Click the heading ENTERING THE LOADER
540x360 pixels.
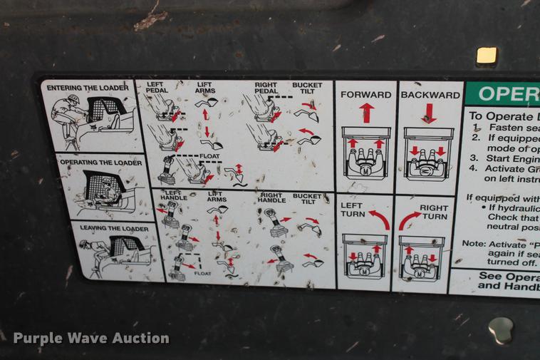(87, 88)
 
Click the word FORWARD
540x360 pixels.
(365, 95)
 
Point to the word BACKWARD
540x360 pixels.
(430, 95)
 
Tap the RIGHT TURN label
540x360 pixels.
(435, 212)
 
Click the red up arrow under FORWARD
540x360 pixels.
(366, 113)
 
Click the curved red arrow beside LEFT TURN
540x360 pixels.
(380, 219)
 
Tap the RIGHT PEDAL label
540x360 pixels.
(266, 88)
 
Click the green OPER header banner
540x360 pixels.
(502, 93)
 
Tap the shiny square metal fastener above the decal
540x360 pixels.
(487, 56)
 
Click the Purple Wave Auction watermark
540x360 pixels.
(91, 338)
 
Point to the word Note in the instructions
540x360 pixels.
(474, 243)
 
